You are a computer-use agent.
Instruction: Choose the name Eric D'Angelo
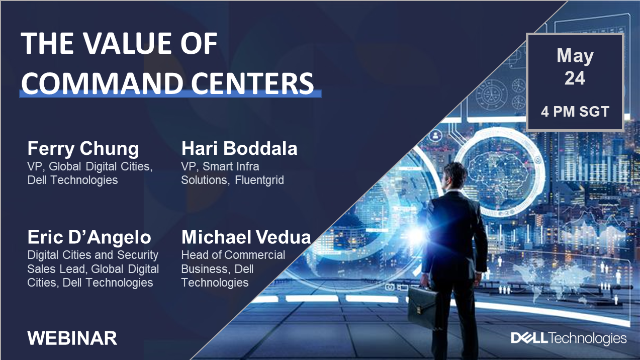(87, 237)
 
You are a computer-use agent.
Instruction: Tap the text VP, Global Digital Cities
(89, 167)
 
